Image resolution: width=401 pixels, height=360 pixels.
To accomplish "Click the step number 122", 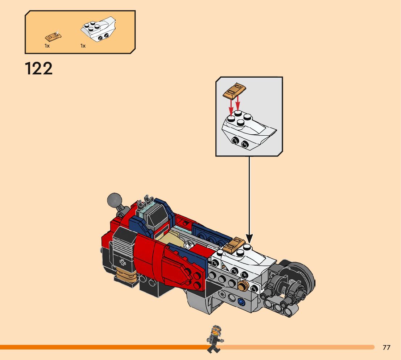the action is click(39, 69).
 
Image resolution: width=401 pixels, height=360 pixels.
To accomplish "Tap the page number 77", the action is click(386, 348).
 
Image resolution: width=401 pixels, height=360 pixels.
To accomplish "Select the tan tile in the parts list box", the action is click(53, 36).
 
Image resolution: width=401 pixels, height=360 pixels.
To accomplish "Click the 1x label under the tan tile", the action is click(47, 46).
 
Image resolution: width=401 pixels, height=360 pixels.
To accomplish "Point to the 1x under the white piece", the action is click(83, 46).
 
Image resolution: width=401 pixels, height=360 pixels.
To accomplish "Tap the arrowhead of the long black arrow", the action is click(249, 239).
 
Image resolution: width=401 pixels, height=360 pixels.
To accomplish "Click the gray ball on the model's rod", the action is click(115, 200).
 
